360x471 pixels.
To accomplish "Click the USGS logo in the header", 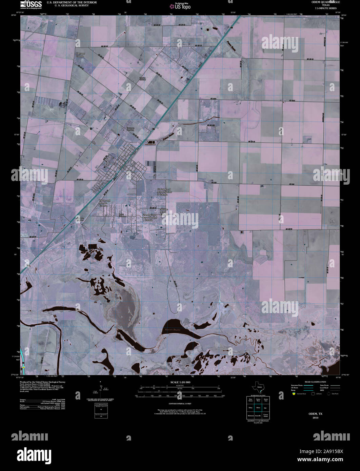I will [31, 4].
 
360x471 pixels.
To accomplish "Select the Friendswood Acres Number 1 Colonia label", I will [149, 217].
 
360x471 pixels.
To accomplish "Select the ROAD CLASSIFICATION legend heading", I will [315, 382].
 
